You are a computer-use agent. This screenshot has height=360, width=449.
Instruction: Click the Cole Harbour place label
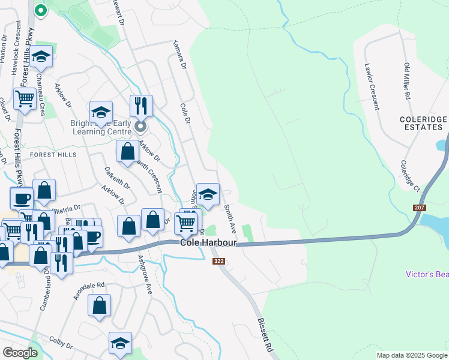point(208,242)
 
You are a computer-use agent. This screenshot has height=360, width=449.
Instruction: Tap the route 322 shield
point(218,261)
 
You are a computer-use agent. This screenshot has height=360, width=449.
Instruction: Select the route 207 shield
point(420,208)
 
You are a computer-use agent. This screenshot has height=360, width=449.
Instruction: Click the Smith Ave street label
point(229,218)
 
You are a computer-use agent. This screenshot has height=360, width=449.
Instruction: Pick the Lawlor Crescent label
point(372,89)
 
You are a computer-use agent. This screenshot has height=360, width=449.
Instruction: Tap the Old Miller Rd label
point(406,82)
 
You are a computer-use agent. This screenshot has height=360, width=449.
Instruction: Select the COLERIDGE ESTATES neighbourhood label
point(424,124)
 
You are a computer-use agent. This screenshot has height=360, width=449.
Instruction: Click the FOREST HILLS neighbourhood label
point(53,154)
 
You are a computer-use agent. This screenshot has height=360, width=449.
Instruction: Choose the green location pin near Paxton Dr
point(40,10)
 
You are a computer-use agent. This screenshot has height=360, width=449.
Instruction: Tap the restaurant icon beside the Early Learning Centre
point(141,106)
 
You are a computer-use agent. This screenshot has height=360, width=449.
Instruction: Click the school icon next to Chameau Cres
point(41,57)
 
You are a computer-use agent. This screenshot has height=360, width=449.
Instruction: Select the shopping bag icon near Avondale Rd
point(100,304)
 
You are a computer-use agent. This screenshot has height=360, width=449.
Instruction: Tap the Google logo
point(20,353)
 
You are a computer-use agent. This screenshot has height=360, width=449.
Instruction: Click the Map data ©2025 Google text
point(412,355)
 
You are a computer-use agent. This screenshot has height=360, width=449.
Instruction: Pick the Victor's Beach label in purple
point(427,274)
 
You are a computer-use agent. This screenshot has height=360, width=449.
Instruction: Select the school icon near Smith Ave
point(208,194)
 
